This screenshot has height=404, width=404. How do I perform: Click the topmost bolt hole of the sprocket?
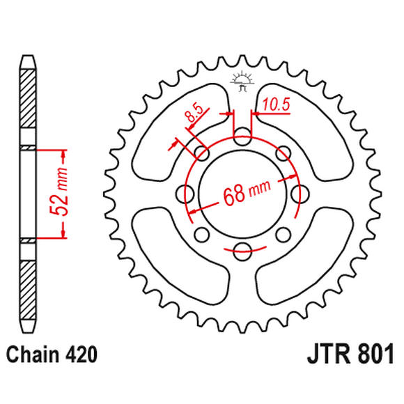point(242,135)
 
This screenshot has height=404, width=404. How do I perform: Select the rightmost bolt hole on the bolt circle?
point(300,193)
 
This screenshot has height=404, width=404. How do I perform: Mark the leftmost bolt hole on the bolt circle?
point(185,193)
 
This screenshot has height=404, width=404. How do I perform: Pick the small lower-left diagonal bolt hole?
point(202,233)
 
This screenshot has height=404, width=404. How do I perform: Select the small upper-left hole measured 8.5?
point(202,153)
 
